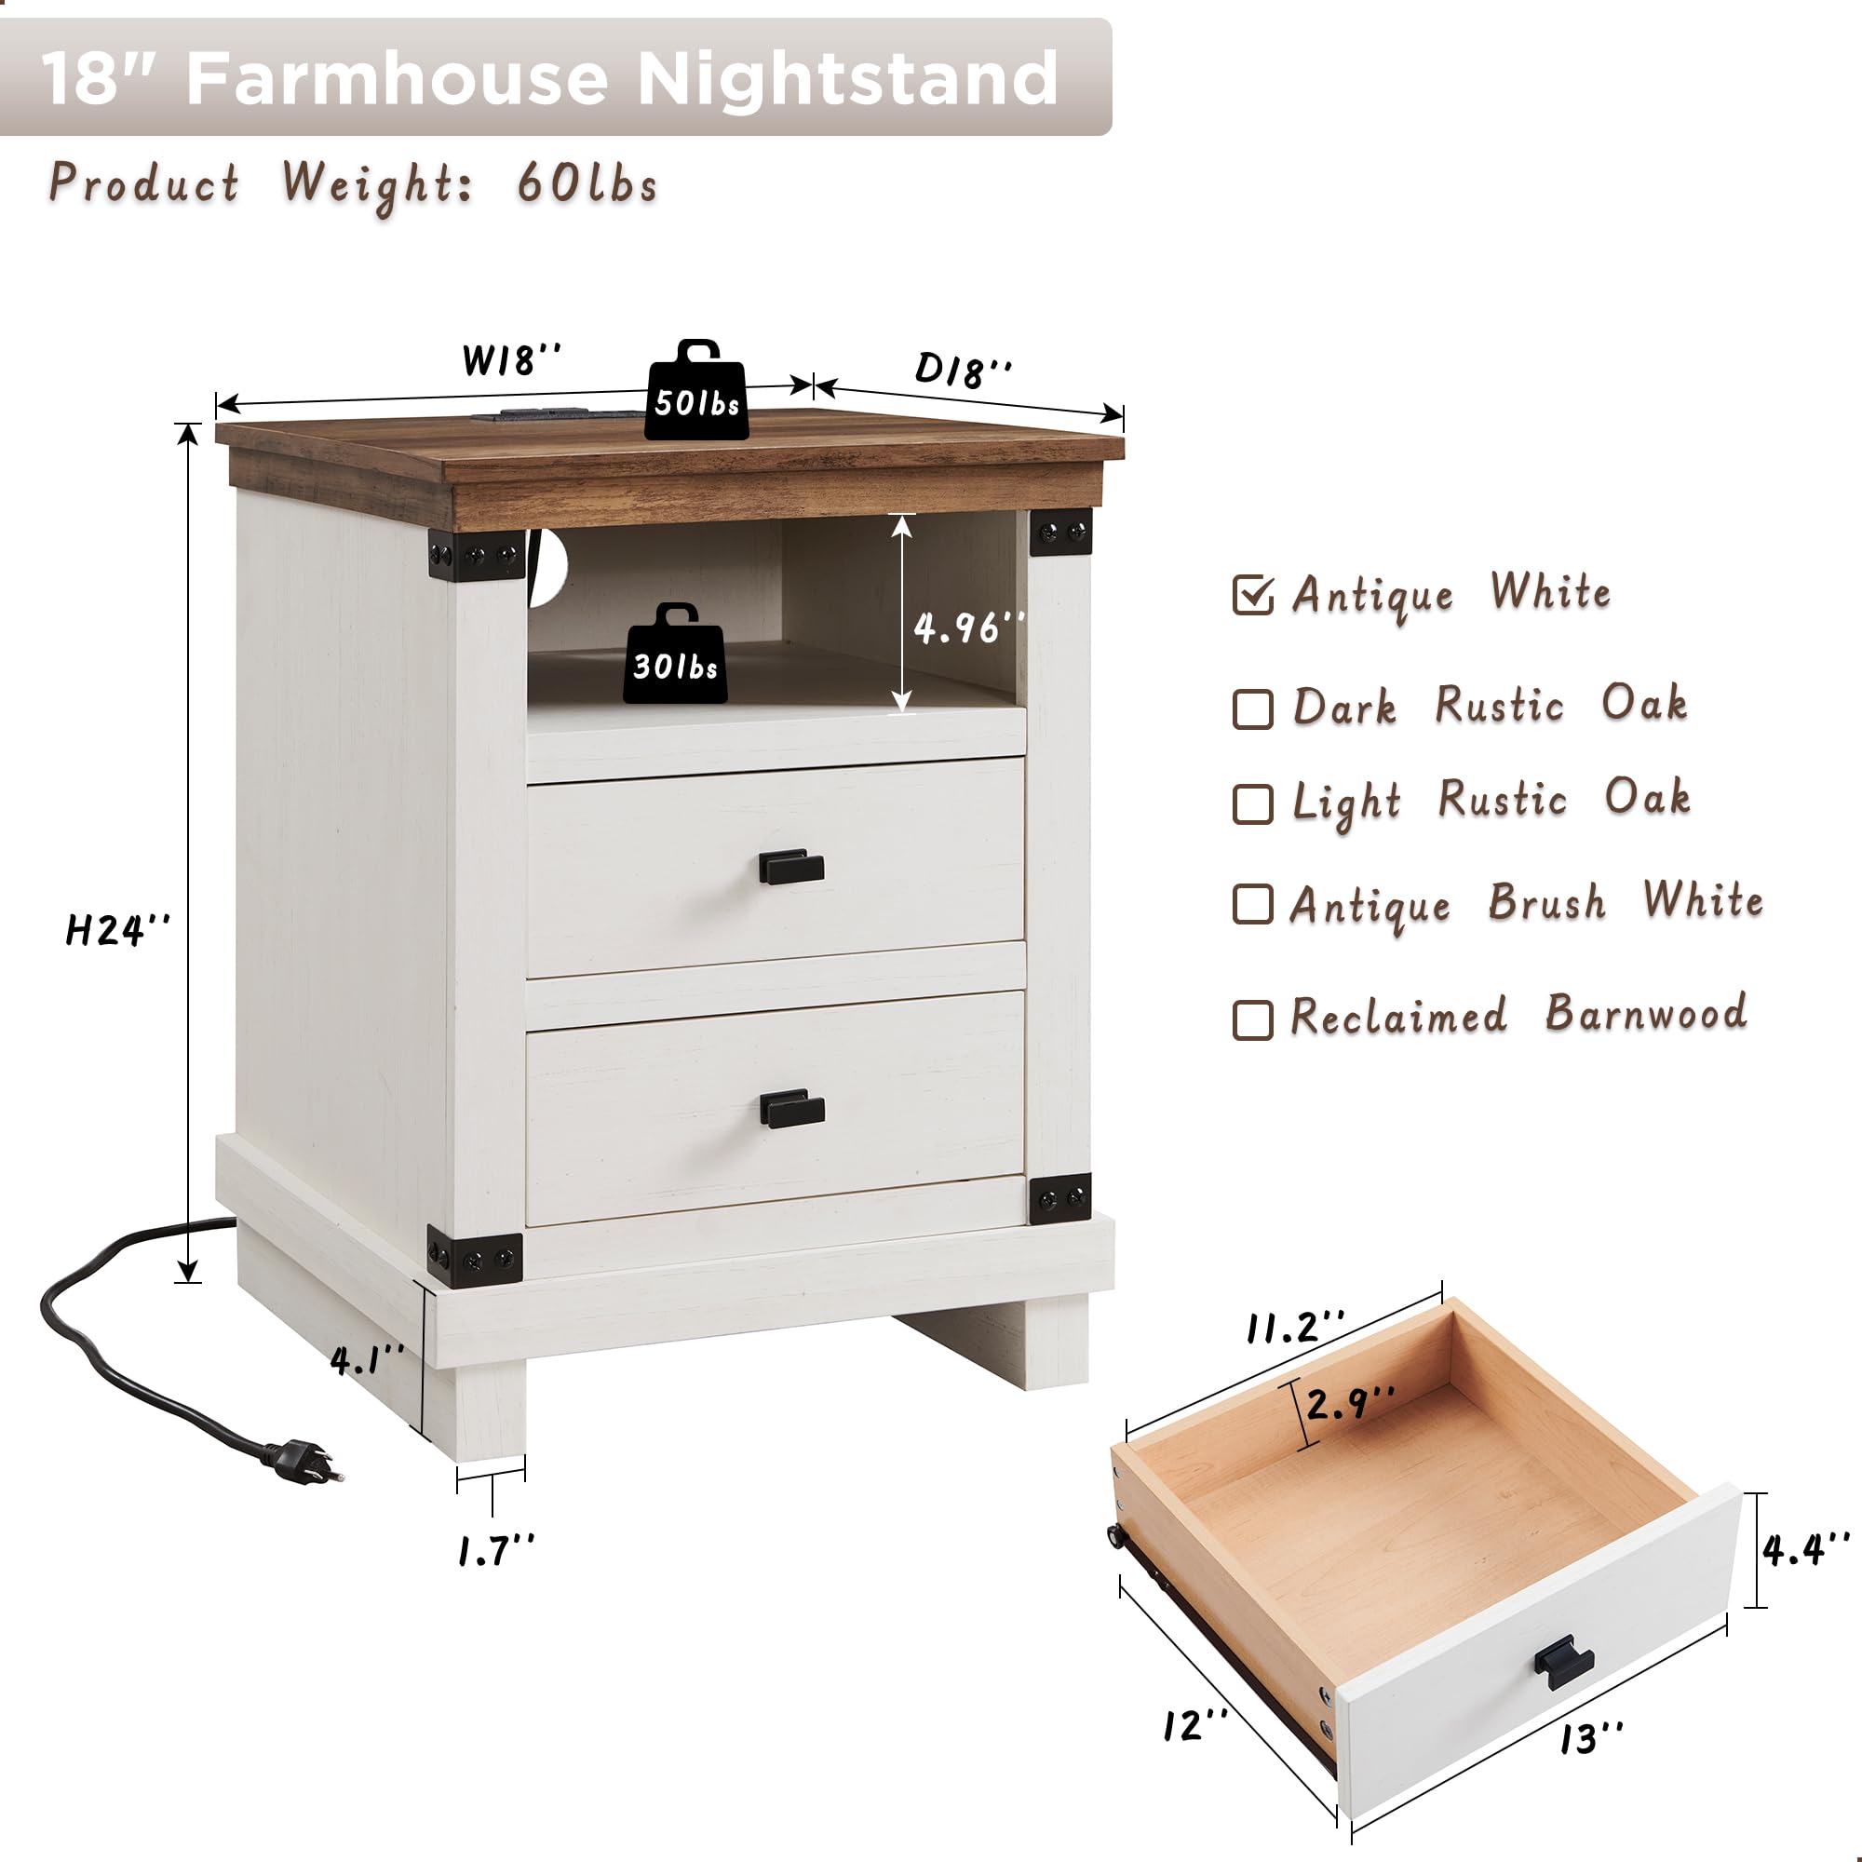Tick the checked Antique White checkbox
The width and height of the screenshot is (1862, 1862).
click(x=1252, y=596)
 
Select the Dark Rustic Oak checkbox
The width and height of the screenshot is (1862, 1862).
click(x=1252, y=708)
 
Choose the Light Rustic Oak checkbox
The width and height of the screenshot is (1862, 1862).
click(x=1252, y=803)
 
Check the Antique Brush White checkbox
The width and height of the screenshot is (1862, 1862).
click(x=1252, y=904)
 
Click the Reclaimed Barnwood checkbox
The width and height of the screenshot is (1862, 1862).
click(x=1252, y=1019)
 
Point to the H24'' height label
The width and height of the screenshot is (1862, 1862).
click(x=117, y=930)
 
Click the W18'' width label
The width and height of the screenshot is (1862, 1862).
click(x=511, y=360)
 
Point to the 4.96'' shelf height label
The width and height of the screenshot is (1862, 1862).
click(x=967, y=628)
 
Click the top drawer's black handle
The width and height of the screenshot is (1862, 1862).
click(x=791, y=867)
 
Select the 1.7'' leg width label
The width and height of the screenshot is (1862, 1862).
click(x=495, y=1551)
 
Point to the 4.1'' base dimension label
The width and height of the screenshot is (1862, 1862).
click(x=367, y=1360)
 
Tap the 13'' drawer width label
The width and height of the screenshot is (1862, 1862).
click(x=1591, y=1737)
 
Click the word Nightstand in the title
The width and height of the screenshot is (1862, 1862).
click(x=847, y=78)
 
